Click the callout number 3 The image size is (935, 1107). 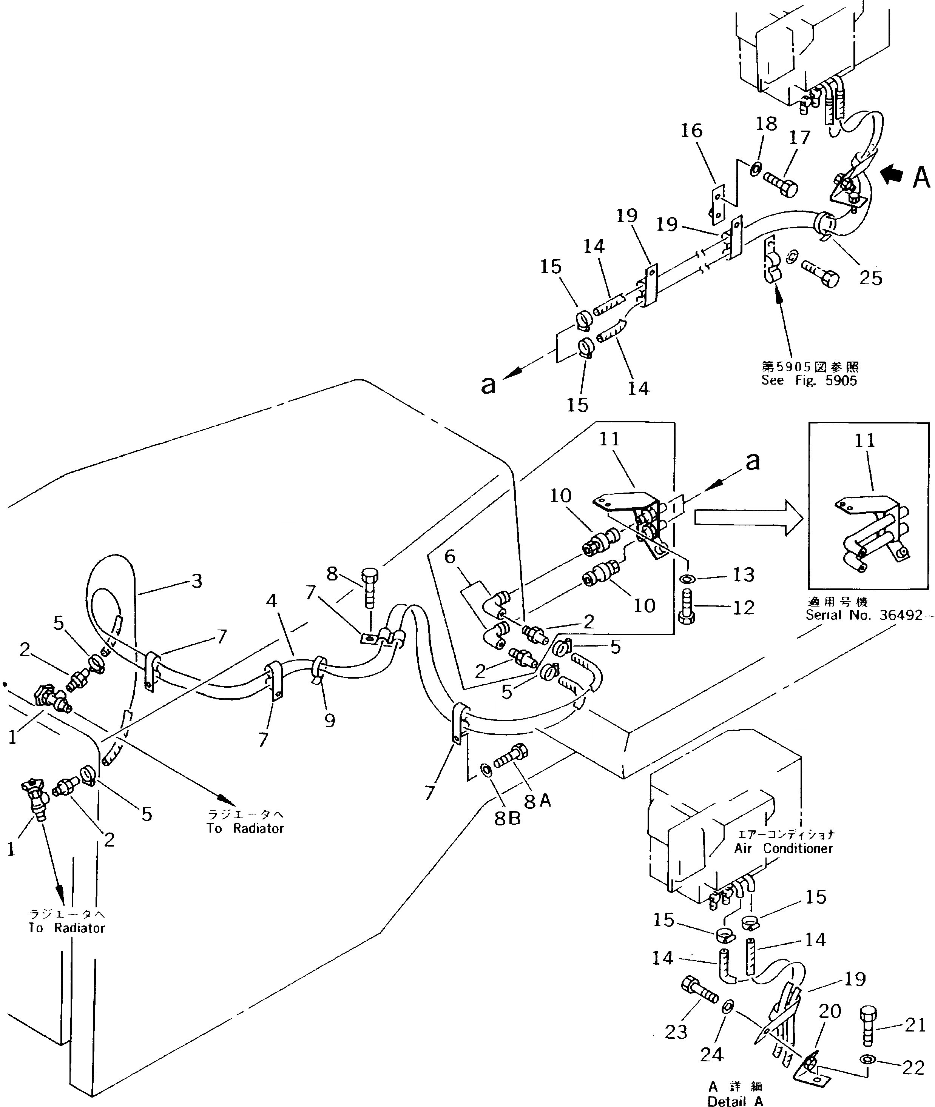[x=197, y=581]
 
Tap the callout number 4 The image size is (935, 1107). [x=272, y=600]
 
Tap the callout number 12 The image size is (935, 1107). [x=743, y=608]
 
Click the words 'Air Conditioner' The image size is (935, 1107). [x=784, y=848]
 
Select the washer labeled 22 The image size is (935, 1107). [x=868, y=1060]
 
